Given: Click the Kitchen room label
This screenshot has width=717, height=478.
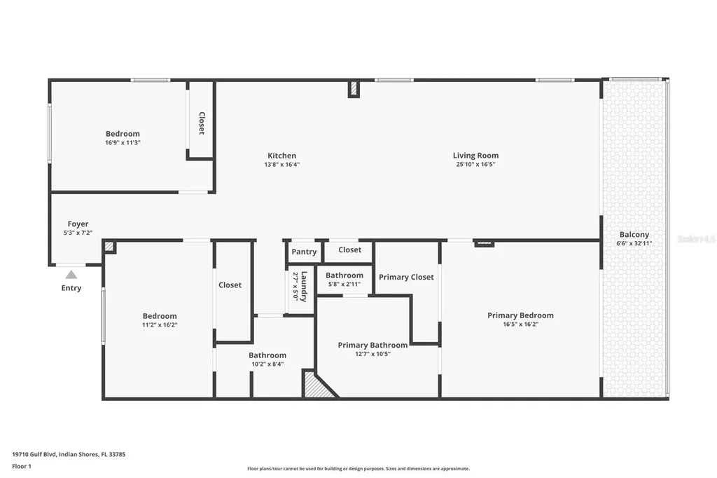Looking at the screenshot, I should (281, 156).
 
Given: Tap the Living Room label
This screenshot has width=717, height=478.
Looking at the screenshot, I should (475, 156).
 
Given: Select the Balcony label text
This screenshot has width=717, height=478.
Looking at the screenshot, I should (634, 235).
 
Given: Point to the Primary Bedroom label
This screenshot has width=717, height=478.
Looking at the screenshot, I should (520, 315).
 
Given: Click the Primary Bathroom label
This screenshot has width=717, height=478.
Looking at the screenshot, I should (373, 345).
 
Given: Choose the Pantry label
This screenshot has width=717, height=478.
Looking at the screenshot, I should (304, 252).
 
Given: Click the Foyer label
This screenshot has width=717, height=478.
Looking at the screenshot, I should (78, 224).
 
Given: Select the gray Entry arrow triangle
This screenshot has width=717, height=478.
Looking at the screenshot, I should (71, 275).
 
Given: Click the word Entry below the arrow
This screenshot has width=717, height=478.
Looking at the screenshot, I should (71, 288).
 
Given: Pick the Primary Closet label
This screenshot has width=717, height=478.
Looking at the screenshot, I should (406, 277).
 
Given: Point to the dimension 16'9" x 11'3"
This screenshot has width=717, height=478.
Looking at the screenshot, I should (123, 142).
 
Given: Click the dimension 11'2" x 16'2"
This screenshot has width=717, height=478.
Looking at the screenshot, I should (160, 325).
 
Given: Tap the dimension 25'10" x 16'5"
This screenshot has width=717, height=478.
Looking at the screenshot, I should (475, 165).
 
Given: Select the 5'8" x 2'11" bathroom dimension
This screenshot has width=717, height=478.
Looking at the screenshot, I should (344, 284).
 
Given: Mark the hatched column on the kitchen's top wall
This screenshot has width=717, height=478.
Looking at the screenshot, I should (354, 89).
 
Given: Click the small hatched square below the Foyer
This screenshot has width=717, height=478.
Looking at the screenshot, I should (109, 246).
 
